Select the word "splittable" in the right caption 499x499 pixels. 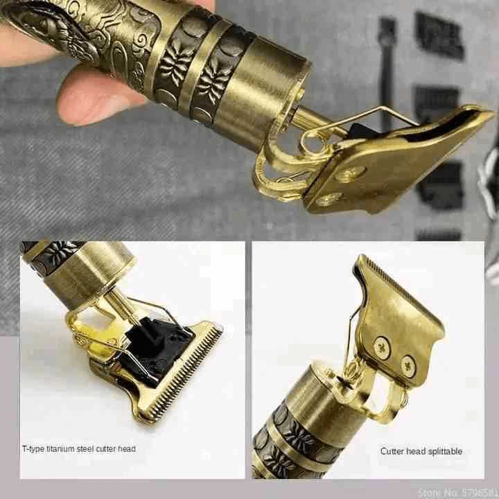pyautogui.click(x=445, y=452)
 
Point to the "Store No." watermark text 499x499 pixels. pyautogui.click(x=457, y=492)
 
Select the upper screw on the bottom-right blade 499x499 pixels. pyautogui.click(x=382, y=348)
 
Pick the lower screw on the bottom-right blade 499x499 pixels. pyautogui.click(x=408, y=367)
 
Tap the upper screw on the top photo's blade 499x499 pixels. pyautogui.click(x=351, y=174)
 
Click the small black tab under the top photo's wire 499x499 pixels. pyautogui.click(x=360, y=131)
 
